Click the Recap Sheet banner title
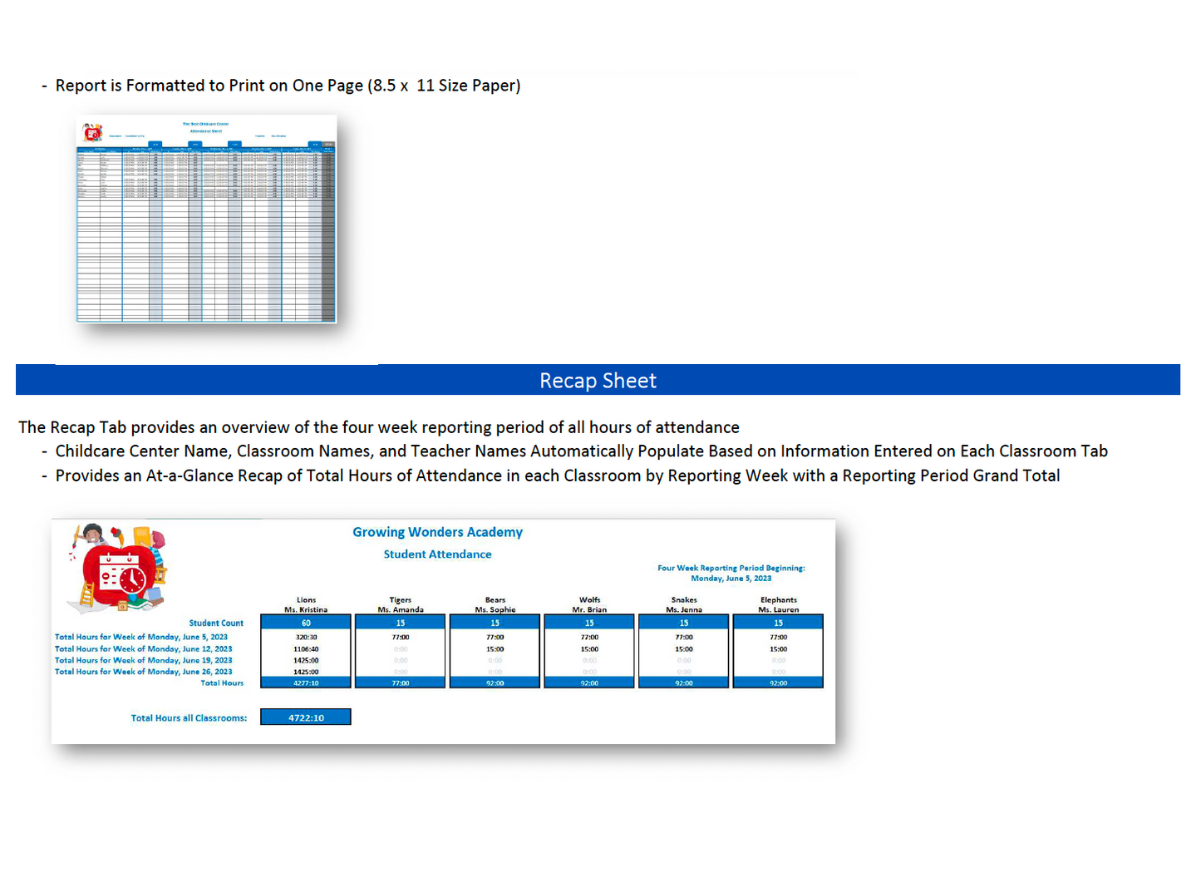(598, 381)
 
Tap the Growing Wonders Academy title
(437, 532)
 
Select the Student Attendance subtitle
(437, 554)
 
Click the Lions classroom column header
(306, 599)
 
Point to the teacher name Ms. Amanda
(401, 609)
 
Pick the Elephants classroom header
(778, 599)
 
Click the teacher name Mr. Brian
(589, 609)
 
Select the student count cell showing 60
(306, 623)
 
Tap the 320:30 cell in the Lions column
(306, 638)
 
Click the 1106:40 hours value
(306, 649)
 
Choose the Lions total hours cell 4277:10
(306, 683)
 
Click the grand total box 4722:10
(306, 717)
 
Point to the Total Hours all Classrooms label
(189, 718)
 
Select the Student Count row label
(216, 623)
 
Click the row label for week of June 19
(144, 661)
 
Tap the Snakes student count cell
(684, 623)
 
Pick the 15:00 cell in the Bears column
(495, 649)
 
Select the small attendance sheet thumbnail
(206, 219)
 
